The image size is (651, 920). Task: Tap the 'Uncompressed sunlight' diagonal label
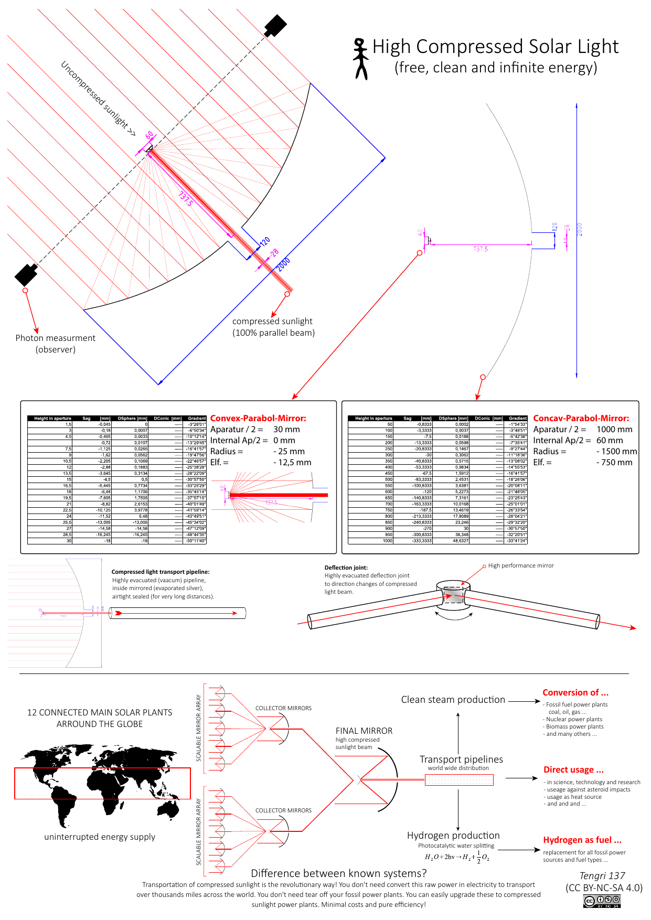(x=98, y=99)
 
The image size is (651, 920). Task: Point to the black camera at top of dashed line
(x=275, y=25)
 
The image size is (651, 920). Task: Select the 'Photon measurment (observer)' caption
(x=56, y=344)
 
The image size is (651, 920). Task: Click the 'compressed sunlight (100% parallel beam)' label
(x=273, y=327)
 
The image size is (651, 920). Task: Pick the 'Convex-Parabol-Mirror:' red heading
(x=258, y=418)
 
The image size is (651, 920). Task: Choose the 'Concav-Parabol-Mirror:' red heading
(x=581, y=418)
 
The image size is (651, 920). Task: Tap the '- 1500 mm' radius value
(x=616, y=451)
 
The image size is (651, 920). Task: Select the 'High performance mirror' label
(x=520, y=565)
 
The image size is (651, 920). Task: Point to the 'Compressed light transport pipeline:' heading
(x=161, y=572)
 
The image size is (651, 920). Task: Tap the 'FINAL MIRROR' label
(x=364, y=731)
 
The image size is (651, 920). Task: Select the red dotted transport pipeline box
(x=459, y=780)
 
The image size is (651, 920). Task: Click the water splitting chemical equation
(x=456, y=857)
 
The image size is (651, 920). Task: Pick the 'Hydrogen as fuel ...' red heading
(x=582, y=840)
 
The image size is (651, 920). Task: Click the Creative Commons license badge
(x=602, y=901)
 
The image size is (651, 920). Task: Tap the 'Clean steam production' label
(x=453, y=700)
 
